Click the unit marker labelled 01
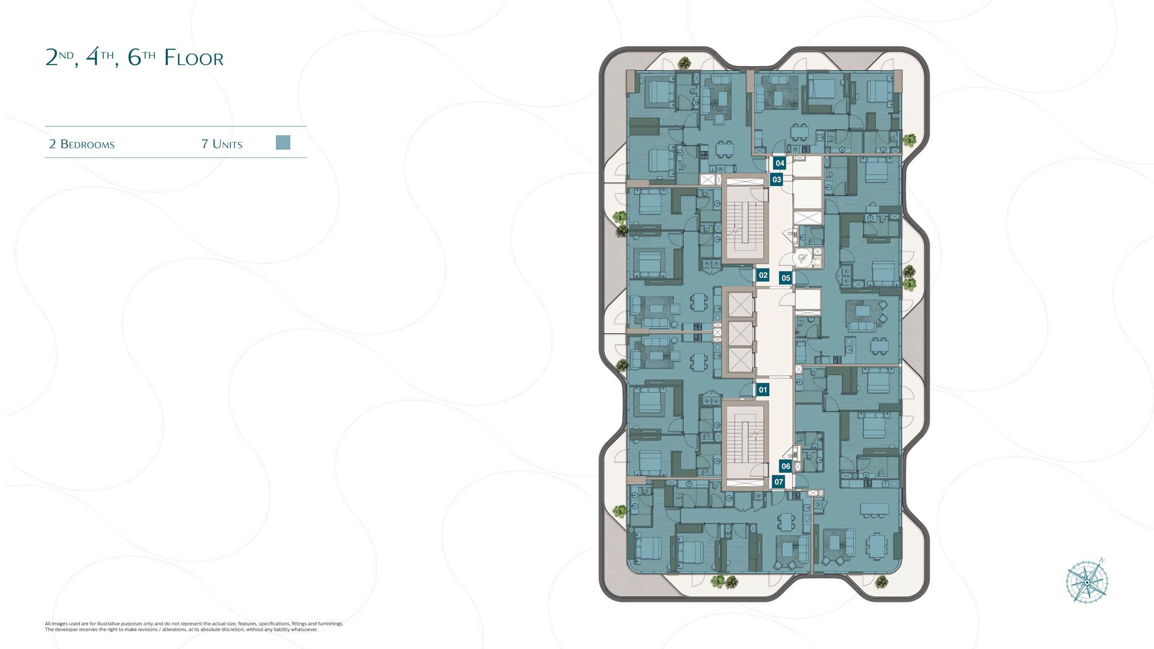pos(763,390)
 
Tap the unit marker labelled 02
pos(763,275)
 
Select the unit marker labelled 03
pos(777,179)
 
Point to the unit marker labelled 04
pos(780,163)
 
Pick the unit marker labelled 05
pos(785,278)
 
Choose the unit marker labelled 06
pos(785,466)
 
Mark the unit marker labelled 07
pos(779,482)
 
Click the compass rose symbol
pos(1087,582)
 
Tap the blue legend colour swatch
pos(283,142)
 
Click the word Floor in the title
pos(193,58)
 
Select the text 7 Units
pos(222,144)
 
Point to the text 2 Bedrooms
pos(82,144)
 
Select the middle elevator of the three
pos(740,333)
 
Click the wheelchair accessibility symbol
pos(802,258)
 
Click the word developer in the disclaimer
pos(66,629)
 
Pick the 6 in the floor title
pos(134,58)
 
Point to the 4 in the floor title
pos(92,58)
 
